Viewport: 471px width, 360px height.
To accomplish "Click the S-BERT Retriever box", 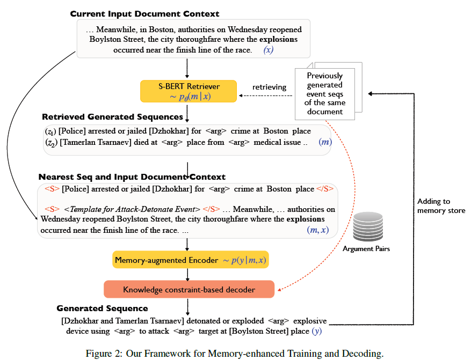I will (187, 91).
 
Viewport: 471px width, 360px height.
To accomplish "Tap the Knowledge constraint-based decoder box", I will (189, 290).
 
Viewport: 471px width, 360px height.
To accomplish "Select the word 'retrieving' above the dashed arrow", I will (270, 87).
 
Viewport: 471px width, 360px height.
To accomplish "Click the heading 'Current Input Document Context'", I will (144, 13).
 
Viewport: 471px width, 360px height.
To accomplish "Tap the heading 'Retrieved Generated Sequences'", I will (112, 116).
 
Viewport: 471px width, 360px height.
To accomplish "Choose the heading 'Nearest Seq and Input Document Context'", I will (132, 177).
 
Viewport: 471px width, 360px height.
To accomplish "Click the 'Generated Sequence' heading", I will (102, 308).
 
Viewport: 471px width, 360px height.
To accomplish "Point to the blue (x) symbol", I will (269, 50).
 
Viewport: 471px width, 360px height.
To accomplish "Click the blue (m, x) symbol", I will (317, 230).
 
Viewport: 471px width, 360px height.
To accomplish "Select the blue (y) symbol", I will (317, 331).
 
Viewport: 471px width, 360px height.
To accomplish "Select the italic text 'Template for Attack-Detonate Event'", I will (132, 209).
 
